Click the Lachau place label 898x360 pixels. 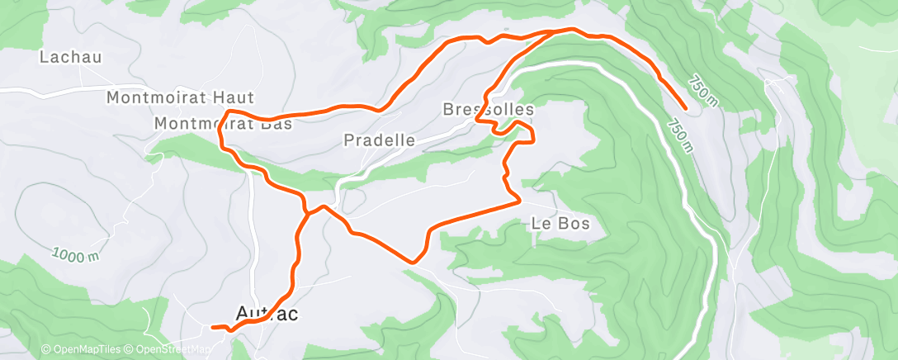(70, 58)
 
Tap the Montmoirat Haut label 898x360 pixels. (181, 98)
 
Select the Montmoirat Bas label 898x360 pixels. (223, 124)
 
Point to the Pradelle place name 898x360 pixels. (379, 140)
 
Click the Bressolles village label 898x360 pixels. (488, 109)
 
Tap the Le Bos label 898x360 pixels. (560, 223)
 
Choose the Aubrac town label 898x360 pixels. (266, 313)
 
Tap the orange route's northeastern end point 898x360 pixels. (687, 108)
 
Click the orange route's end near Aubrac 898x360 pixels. (213, 327)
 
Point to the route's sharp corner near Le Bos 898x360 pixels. (518, 200)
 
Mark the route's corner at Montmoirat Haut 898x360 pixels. (228, 111)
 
